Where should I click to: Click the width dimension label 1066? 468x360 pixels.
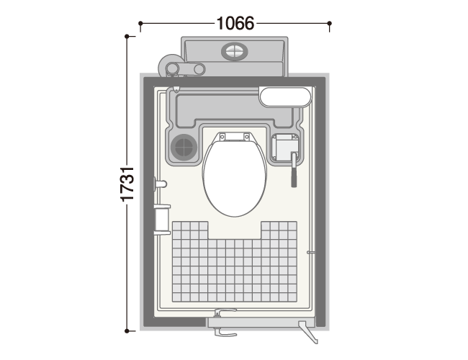(235, 23)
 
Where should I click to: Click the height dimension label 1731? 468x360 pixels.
(127, 184)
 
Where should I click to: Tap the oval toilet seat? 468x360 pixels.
(234, 178)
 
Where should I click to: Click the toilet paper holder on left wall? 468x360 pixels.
(162, 220)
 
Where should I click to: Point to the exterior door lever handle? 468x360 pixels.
(225, 332)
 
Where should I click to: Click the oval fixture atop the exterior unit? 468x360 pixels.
(234, 51)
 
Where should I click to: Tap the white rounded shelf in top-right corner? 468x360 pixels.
(285, 96)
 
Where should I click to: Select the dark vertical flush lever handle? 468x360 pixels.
(294, 169)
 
